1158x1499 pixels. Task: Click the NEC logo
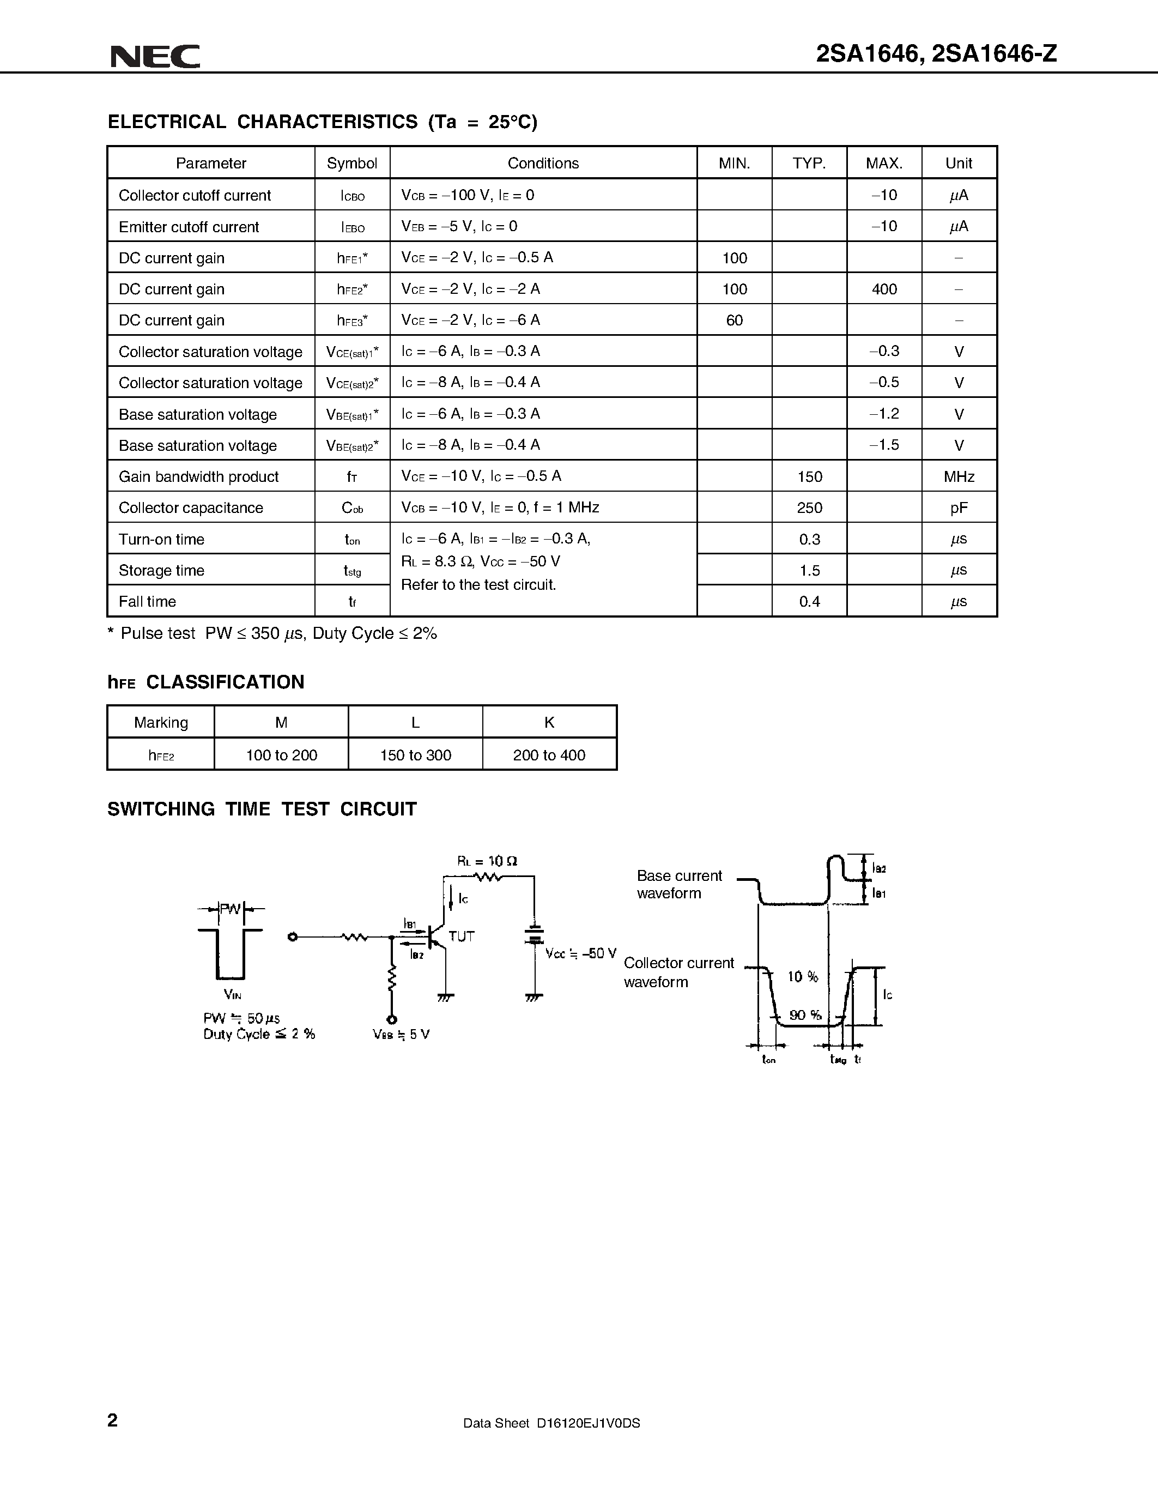156,56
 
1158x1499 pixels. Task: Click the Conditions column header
543,164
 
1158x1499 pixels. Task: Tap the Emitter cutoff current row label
189,227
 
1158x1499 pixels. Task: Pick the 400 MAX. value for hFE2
884,289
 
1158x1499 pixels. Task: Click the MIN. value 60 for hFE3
734,321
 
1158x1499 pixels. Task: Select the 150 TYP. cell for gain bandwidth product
809,476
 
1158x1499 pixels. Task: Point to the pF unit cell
959,508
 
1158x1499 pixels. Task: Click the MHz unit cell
959,476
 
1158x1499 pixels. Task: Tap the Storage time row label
161,570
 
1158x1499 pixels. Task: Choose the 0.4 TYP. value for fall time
809,602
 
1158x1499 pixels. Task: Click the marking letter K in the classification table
549,722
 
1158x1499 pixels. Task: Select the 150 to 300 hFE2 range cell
415,755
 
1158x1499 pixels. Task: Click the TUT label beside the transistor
461,936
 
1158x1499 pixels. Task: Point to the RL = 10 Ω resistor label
487,861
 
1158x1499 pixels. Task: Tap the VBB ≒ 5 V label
401,1035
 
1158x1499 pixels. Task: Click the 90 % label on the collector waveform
805,1015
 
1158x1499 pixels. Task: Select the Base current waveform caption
678,884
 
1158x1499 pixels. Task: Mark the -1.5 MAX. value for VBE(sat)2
884,445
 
